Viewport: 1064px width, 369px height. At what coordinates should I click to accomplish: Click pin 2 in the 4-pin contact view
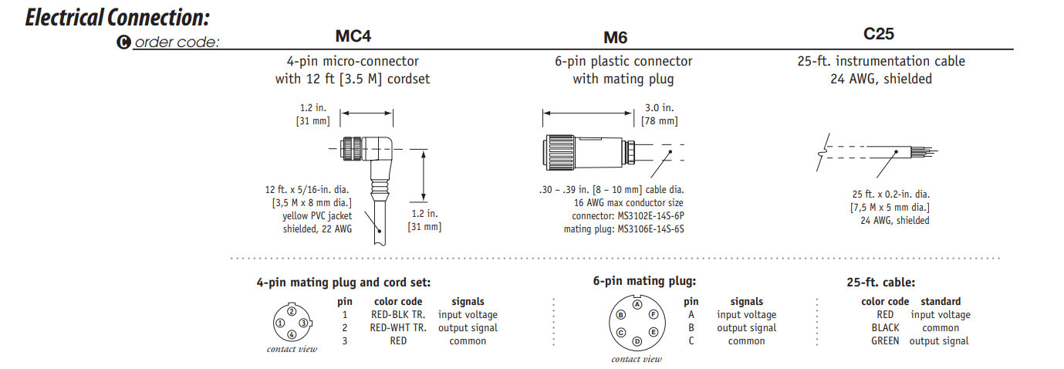click(292, 311)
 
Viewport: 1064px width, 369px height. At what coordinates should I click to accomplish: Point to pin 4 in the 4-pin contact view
click(292, 334)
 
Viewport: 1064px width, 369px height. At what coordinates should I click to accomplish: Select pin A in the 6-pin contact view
click(637, 304)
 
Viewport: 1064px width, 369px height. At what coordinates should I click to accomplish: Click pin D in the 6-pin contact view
click(637, 341)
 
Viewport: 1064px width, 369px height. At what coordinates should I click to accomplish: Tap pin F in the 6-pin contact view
click(653, 314)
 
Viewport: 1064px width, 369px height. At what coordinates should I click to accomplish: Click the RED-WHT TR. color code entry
click(398, 328)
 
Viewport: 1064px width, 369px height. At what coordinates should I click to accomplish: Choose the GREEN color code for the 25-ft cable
click(885, 340)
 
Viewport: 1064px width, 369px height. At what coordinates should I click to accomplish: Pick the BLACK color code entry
click(885, 327)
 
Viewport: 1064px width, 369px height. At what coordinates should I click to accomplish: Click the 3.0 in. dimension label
click(658, 107)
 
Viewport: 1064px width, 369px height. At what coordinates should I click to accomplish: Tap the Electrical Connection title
click(117, 17)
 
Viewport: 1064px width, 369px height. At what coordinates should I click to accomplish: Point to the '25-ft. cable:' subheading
click(880, 283)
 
